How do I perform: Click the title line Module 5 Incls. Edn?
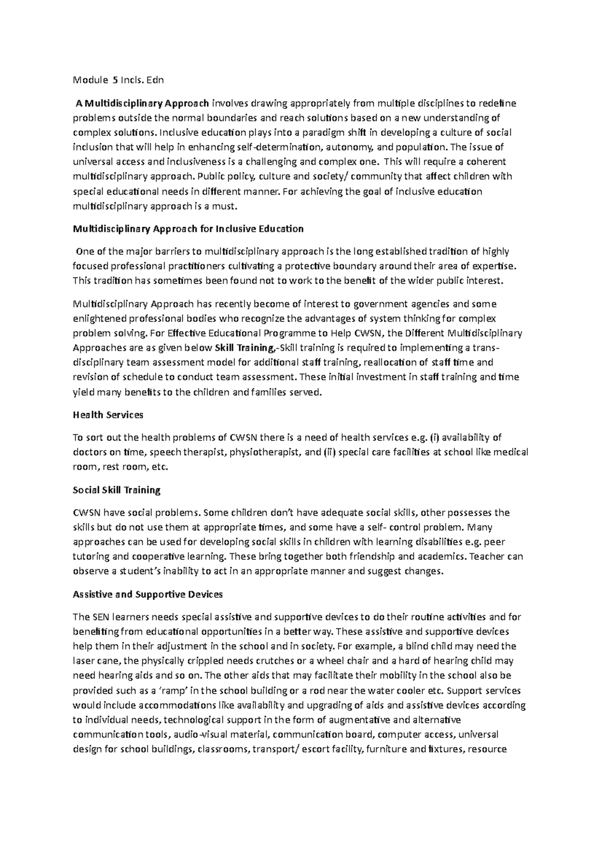118,80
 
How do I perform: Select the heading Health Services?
108,415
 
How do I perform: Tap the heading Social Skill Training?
116,490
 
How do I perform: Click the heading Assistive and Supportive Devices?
147,594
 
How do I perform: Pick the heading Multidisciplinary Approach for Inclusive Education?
188,229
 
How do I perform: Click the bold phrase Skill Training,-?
245,348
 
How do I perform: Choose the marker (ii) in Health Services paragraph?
330,452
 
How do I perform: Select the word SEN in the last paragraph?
100,617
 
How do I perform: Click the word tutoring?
90,557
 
